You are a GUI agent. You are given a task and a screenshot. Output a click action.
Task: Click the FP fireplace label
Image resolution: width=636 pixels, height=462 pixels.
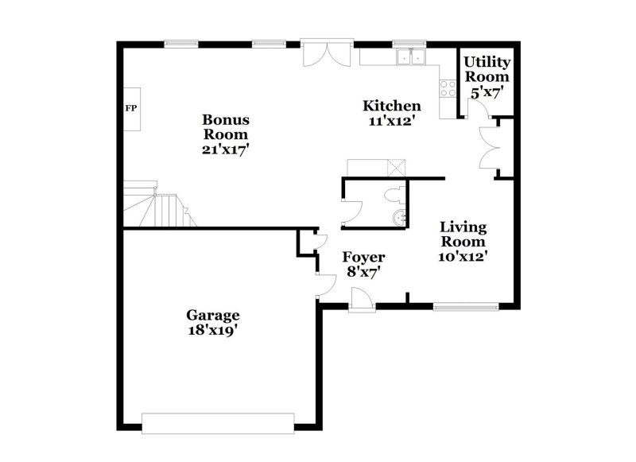pyautogui.click(x=130, y=108)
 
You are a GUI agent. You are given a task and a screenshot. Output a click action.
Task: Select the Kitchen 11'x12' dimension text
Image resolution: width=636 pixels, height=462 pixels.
pyautogui.click(x=392, y=122)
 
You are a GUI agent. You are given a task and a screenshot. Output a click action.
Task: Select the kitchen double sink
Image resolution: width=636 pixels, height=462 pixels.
pyautogui.click(x=410, y=57)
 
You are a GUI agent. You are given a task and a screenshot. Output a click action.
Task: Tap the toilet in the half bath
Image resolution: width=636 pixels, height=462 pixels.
pyautogui.click(x=394, y=194)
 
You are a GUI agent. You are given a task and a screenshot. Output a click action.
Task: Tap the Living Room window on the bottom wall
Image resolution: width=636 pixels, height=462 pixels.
pyautogui.click(x=466, y=305)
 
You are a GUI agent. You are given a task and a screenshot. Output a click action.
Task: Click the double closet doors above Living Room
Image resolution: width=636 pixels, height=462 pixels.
pyautogui.click(x=487, y=149)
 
